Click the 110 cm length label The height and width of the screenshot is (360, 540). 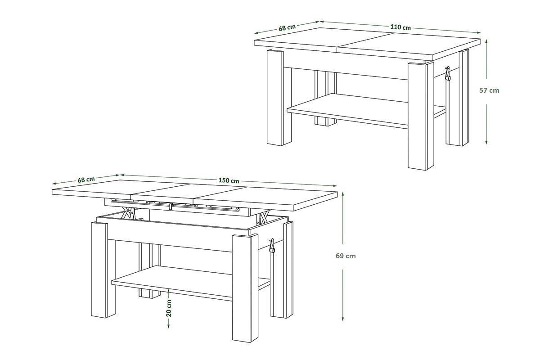tap(400, 27)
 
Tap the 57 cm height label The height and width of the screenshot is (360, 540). tap(489, 90)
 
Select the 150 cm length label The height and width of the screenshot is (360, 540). tap(229, 180)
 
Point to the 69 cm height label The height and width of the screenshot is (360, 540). tap(346, 256)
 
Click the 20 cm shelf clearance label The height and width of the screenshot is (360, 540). tap(169, 308)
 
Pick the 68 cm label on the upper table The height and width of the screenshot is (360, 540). tap(287, 28)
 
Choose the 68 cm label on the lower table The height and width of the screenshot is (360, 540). tap(86, 180)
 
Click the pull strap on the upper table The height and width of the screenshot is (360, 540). tap(448, 73)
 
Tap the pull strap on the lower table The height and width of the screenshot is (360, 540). tap(272, 246)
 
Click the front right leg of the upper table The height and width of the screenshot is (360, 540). tap(421, 116)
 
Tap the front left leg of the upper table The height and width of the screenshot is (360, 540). tap(279, 98)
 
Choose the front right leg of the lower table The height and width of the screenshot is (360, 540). tap(245, 288)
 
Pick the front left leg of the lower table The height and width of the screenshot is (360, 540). tap(103, 270)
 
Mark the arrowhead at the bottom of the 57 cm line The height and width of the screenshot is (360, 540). tap(486, 142)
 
